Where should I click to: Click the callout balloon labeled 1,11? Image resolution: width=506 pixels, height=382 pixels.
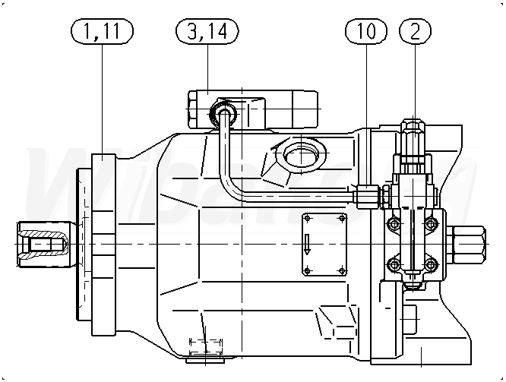(102, 31)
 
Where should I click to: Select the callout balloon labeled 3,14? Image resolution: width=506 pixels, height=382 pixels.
(207, 31)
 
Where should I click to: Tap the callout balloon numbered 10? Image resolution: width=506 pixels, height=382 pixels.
(366, 31)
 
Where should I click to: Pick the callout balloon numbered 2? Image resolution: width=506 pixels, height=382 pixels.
(415, 31)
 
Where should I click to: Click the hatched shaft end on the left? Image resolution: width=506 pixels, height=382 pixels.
(43, 244)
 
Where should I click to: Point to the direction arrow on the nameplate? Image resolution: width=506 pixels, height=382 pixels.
(307, 245)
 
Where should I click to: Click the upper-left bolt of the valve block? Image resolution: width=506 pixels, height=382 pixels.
(394, 223)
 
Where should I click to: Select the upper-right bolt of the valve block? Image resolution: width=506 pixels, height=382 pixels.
(431, 223)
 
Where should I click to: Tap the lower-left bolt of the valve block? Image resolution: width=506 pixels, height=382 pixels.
(394, 265)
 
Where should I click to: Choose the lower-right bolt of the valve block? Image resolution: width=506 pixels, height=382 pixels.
(431, 265)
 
